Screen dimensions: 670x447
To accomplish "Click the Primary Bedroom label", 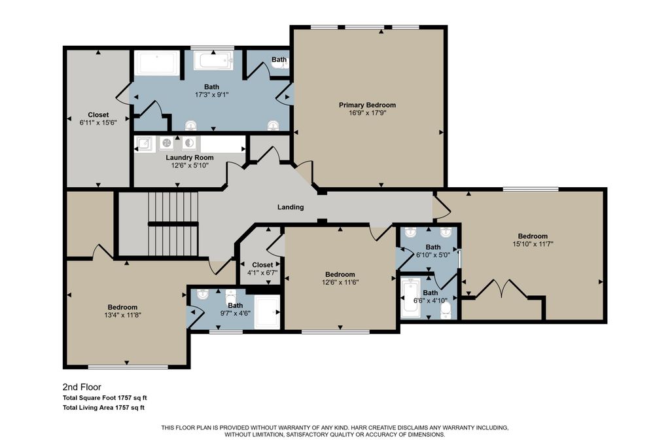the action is [x=367, y=105].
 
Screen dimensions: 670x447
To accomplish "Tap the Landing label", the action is [x=291, y=207].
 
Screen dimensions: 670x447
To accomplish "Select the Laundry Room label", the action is [x=190, y=158].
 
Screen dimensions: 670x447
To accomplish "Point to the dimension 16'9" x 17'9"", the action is [x=367, y=113].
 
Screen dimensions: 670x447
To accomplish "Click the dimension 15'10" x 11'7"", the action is [x=533, y=244].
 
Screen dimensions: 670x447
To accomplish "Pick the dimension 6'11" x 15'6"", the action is [x=98, y=122].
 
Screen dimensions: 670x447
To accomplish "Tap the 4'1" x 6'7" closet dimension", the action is [x=262, y=273].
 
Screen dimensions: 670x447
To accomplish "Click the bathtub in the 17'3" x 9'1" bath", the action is [x=214, y=61].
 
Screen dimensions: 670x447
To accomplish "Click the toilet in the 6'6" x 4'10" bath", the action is [x=445, y=311].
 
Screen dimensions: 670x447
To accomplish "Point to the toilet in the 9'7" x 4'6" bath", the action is [x=231, y=295].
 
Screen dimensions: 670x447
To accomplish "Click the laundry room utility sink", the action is [x=144, y=143].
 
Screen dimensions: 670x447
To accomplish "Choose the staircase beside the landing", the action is [x=173, y=224].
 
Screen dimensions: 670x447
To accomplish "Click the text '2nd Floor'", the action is [x=82, y=387].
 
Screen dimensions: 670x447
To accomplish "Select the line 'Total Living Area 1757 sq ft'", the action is [x=103, y=408].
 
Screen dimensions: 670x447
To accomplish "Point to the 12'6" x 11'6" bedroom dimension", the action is [x=340, y=283].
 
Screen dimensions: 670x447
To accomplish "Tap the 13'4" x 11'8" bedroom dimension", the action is [x=122, y=315].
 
